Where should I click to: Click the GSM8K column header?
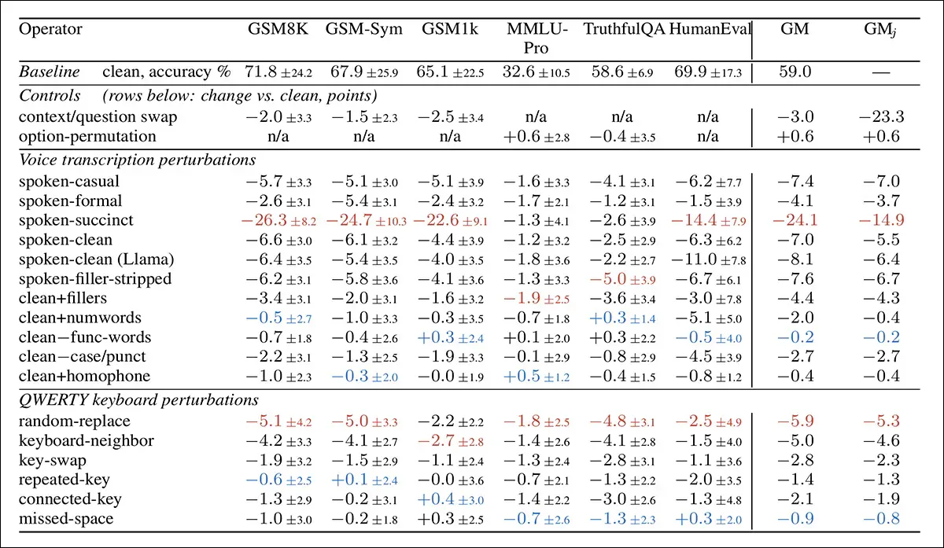click(x=278, y=28)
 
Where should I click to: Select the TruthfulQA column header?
click(x=624, y=28)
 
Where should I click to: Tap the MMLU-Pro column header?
click(x=537, y=38)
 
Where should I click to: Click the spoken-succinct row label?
click(x=76, y=220)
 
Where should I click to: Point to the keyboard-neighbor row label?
click(x=87, y=440)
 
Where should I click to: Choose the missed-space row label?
click(x=66, y=518)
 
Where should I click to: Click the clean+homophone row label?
click(x=84, y=376)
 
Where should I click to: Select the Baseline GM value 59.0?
click(x=795, y=72)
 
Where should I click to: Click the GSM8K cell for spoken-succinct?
click(x=278, y=220)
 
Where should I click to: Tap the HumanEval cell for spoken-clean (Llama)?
click(x=709, y=259)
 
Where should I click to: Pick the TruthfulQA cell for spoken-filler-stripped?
click(x=622, y=279)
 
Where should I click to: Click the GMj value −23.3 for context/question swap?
click(x=881, y=116)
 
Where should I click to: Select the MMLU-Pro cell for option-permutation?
click(x=537, y=137)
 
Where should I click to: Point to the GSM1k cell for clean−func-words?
click(x=451, y=337)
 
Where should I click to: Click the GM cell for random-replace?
click(x=795, y=421)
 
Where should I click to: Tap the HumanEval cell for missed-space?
click(x=709, y=518)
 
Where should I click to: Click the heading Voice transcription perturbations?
click(x=138, y=160)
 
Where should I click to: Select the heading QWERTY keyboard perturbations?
click(x=138, y=399)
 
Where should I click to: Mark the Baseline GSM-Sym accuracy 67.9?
click(x=364, y=72)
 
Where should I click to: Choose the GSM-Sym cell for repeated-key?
click(x=364, y=480)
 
